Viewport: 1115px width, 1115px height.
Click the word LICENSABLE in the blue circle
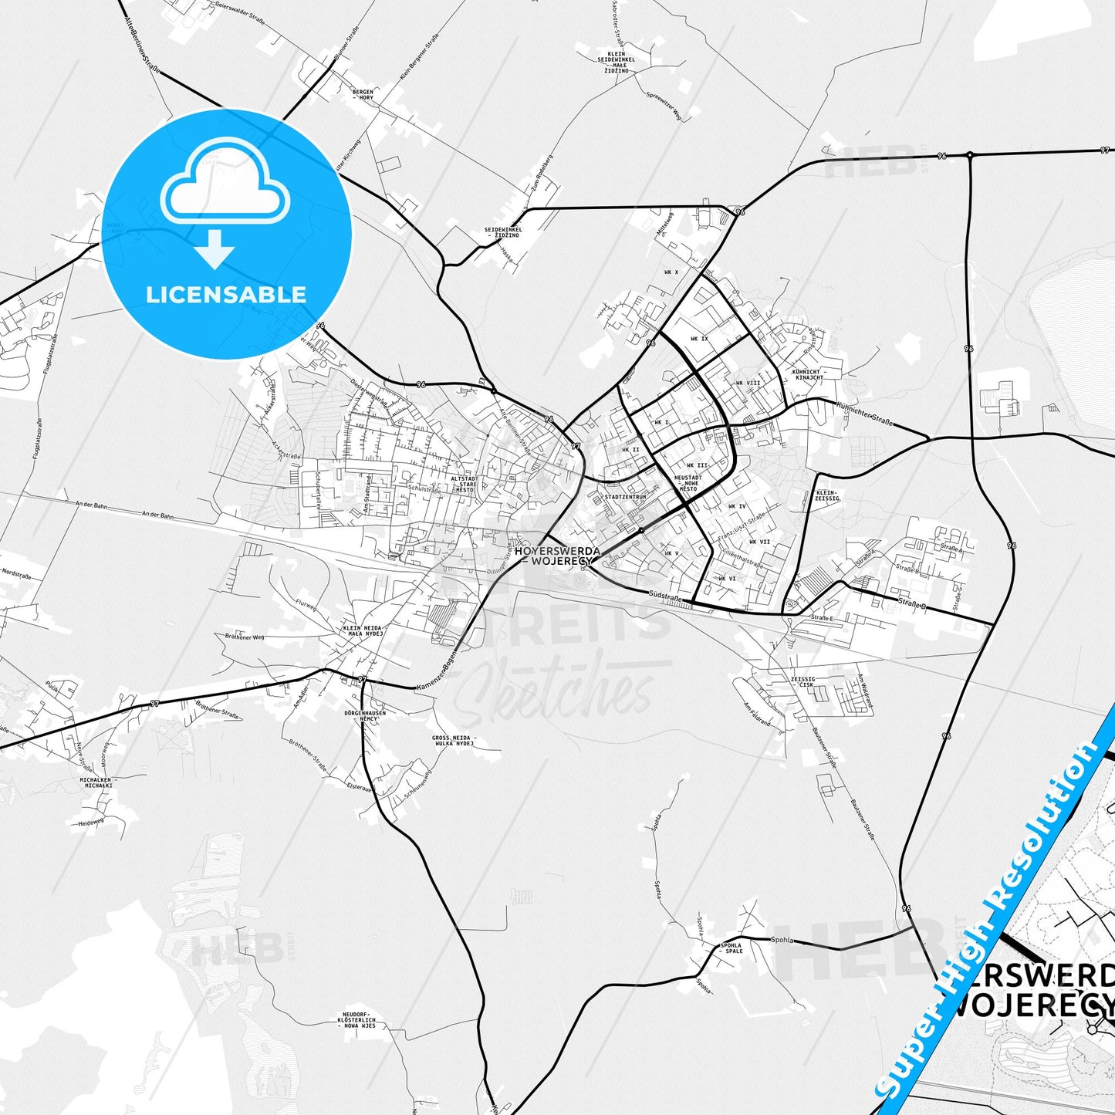pos(226,295)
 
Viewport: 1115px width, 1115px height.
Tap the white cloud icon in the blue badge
pos(225,184)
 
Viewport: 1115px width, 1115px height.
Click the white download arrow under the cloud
pos(215,249)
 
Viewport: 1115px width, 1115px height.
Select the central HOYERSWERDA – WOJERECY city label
pos(552,556)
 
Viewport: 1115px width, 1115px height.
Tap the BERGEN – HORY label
pos(362,95)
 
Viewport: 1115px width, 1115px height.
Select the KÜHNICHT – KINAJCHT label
pos(809,374)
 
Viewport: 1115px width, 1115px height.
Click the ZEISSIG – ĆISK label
pos(802,681)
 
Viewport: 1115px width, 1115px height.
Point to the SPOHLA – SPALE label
pos(730,948)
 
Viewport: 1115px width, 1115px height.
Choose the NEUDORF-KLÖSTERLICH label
pos(356,1020)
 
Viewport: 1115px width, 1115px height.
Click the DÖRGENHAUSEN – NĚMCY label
pos(365,715)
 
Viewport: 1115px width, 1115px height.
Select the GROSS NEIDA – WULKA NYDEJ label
pos(454,741)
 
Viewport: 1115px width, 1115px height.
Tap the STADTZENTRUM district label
pos(625,497)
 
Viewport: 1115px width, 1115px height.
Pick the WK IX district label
pos(699,339)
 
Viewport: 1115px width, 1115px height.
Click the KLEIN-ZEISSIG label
pos(826,495)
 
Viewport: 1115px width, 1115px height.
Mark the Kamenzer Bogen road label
pos(436,677)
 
